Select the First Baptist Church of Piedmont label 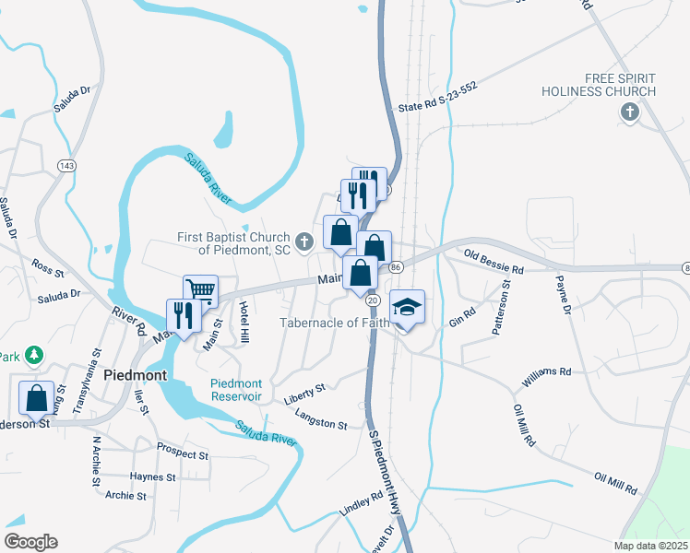click(234, 242)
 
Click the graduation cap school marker click(406, 308)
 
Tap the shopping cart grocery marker click(200, 292)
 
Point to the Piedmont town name click(135, 376)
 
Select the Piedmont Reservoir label click(236, 390)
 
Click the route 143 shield click(65, 165)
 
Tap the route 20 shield click(373, 300)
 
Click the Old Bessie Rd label click(494, 262)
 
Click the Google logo click(30, 541)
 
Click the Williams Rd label click(546, 375)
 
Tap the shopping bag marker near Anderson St click(37, 398)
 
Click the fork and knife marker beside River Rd click(183, 316)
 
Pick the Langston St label click(320, 420)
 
